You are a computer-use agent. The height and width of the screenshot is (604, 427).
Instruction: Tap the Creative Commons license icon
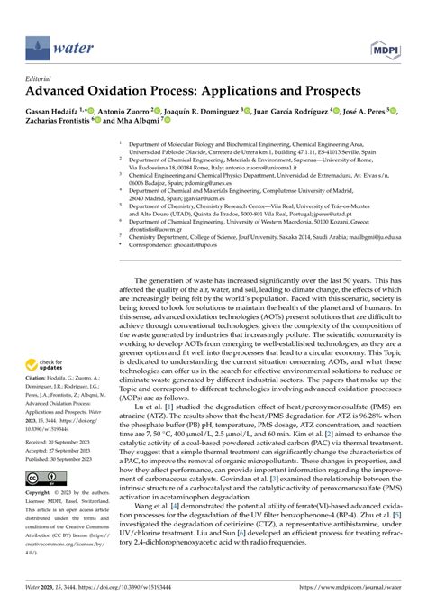click(x=41, y=475)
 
